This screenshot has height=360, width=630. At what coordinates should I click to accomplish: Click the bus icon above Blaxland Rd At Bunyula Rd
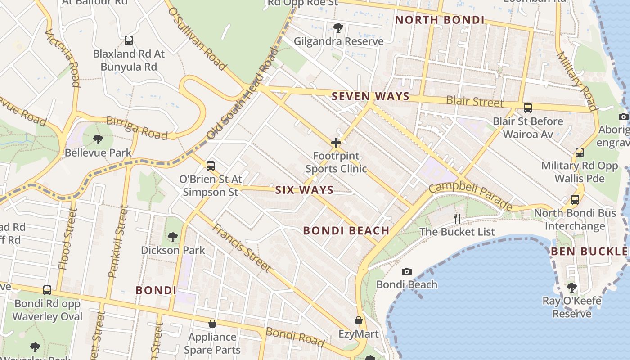pyautogui.click(x=129, y=40)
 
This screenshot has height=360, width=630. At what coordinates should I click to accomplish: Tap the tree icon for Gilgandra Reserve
pyautogui.click(x=338, y=28)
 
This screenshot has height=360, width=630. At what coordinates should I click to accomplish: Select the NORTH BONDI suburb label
pyautogui.click(x=440, y=20)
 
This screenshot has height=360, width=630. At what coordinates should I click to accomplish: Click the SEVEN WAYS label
pyautogui.click(x=370, y=96)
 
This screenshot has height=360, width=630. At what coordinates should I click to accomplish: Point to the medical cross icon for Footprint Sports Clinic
pyautogui.click(x=336, y=143)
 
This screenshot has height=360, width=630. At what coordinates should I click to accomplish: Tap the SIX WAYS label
pyautogui.click(x=304, y=190)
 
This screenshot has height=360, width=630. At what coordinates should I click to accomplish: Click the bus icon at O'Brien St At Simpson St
pyautogui.click(x=211, y=166)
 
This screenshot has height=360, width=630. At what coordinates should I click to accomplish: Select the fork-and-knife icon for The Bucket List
pyautogui.click(x=457, y=219)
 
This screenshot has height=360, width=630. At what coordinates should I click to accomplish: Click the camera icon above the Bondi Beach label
pyautogui.click(x=407, y=271)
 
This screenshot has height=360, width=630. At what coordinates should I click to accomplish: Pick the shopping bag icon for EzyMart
pyautogui.click(x=359, y=321)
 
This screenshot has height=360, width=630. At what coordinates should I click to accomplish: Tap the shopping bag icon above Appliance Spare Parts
pyautogui.click(x=212, y=324)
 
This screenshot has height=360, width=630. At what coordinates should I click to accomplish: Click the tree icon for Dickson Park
pyautogui.click(x=173, y=237)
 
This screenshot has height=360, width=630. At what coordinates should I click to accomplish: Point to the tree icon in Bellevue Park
pyautogui.click(x=98, y=139)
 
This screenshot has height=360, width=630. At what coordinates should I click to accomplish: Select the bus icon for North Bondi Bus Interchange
pyautogui.click(x=575, y=200)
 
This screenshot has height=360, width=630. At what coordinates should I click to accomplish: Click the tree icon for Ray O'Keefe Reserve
pyautogui.click(x=571, y=287)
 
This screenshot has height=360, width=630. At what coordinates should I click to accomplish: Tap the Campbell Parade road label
pyautogui.click(x=471, y=196)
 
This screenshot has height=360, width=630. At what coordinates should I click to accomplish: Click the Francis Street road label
pyautogui.click(x=242, y=248)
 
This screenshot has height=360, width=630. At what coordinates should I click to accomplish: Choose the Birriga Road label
pyautogui.click(x=137, y=128)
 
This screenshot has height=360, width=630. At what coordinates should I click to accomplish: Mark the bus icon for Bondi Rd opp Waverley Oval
pyautogui.click(x=47, y=290)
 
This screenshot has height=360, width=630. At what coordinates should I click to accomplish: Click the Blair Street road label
pyautogui.click(x=475, y=102)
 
